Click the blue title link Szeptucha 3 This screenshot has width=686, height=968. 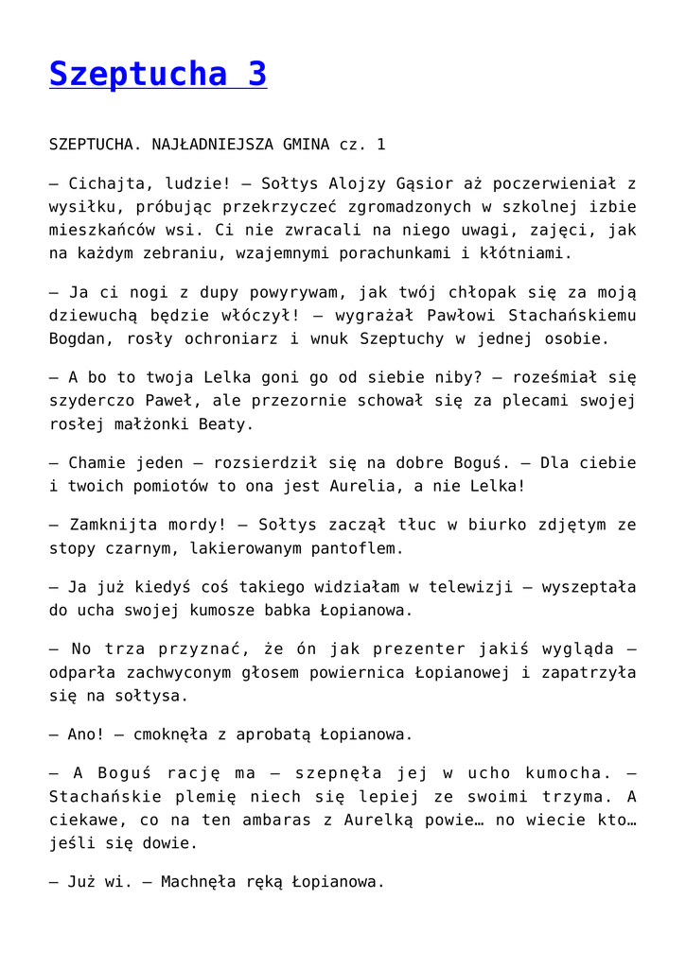coord(158,74)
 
